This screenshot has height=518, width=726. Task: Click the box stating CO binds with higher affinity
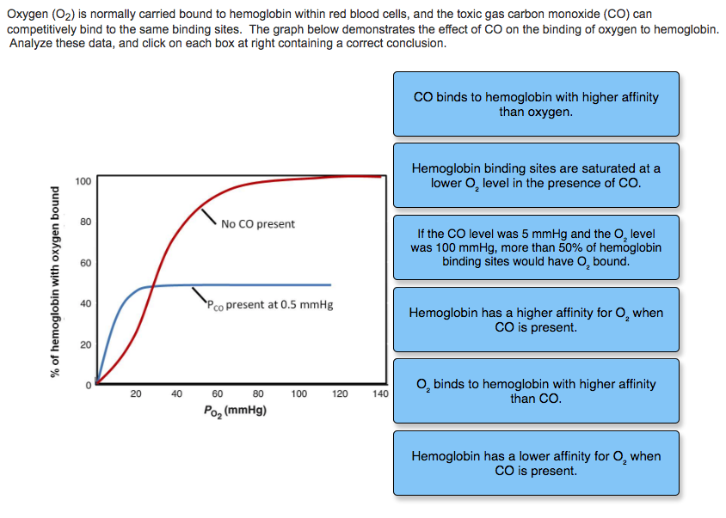(x=536, y=104)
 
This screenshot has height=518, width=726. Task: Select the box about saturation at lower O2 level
(x=536, y=176)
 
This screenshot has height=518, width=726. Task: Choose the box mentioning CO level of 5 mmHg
(x=536, y=247)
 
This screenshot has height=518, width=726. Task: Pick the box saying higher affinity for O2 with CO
(x=536, y=320)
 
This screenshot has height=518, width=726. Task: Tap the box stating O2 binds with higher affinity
(x=536, y=391)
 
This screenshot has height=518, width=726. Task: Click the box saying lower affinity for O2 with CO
(x=536, y=463)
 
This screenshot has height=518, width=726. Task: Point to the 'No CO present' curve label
(x=257, y=224)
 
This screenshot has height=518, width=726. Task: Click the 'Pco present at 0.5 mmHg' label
(x=269, y=304)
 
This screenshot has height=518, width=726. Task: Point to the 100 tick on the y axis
(x=83, y=181)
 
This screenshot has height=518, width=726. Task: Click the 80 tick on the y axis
(x=84, y=222)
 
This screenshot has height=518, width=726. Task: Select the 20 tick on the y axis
(x=84, y=344)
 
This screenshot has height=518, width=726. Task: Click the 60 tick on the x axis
(x=218, y=394)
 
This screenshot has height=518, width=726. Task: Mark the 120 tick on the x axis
(x=340, y=394)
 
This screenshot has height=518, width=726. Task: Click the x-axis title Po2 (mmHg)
(x=234, y=411)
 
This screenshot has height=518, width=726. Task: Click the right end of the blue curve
(x=329, y=284)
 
